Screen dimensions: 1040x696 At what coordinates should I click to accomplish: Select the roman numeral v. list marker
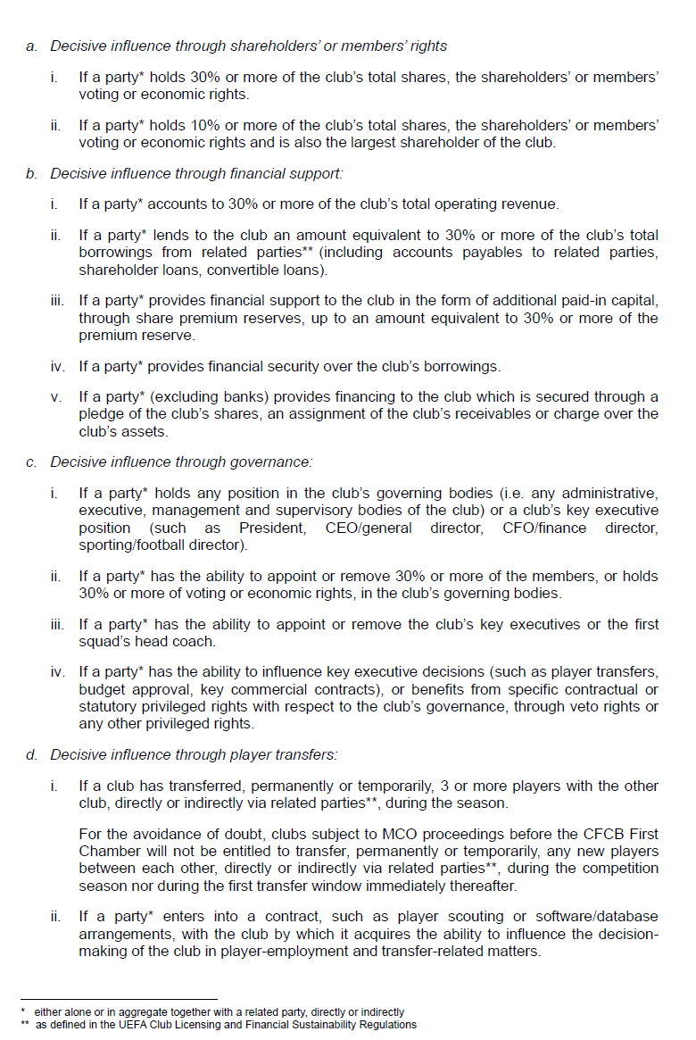[x=56, y=397]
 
